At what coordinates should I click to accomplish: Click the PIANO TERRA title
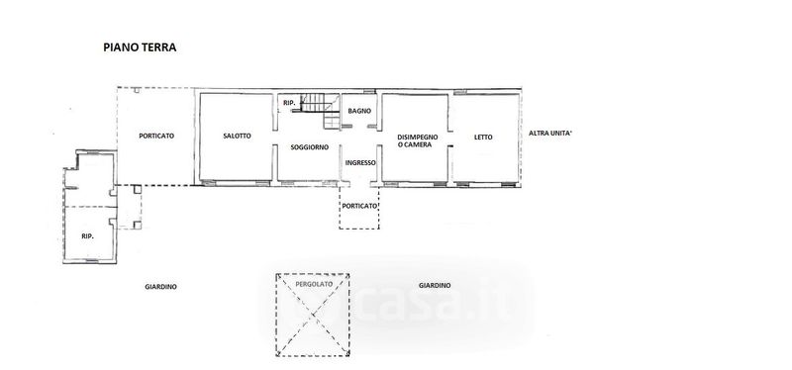140,47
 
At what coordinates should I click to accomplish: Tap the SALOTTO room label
237,136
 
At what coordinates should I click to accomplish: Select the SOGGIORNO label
310,147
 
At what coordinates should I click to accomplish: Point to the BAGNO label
359,111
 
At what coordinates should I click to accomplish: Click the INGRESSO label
360,162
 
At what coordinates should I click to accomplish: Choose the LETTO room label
483,137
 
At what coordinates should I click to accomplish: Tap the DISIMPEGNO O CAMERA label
417,140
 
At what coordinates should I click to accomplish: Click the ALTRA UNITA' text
550,134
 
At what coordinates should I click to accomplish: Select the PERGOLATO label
314,284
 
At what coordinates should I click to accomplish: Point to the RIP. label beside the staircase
289,103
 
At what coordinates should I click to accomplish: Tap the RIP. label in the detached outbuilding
88,235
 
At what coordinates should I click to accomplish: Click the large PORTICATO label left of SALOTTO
156,136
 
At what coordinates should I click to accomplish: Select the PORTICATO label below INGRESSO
359,206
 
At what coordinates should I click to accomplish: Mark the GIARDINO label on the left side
160,287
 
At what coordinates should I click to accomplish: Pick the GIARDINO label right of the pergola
435,286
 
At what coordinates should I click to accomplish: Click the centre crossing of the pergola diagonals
313,315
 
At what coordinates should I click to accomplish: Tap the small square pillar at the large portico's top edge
137,90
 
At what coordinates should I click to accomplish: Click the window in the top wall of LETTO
459,92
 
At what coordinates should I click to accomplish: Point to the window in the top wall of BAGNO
369,91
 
